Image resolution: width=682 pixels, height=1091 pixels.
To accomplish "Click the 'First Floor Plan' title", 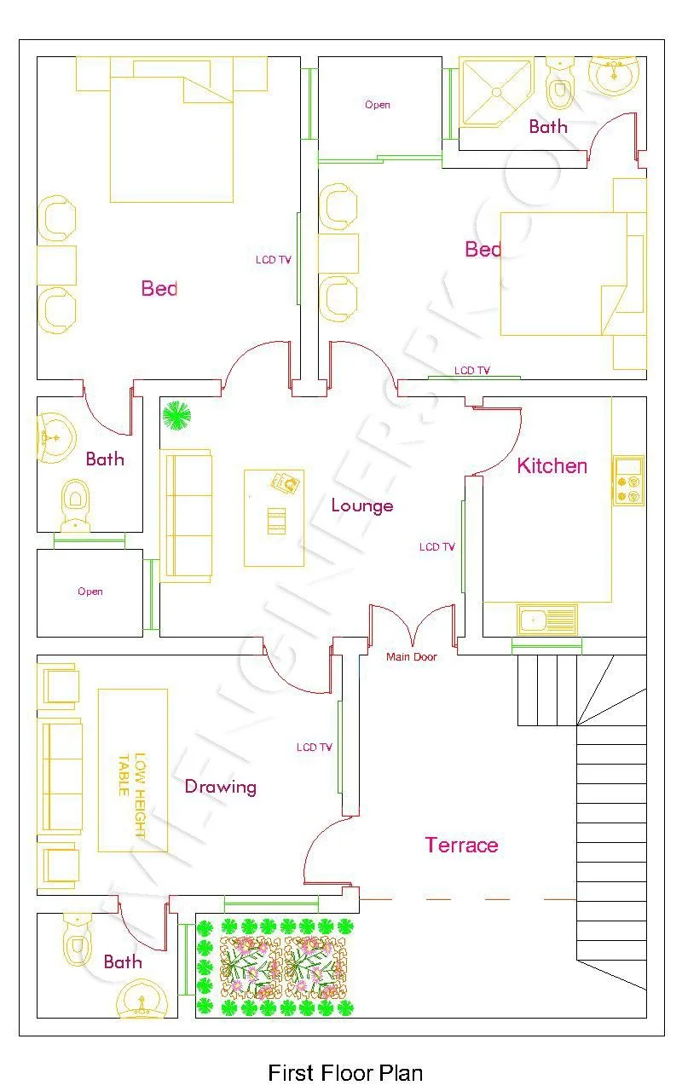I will tap(345, 1071).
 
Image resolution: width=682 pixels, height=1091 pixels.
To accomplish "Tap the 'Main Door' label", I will tap(412, 657).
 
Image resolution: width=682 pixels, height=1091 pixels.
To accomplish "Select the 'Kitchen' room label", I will tap(552, 466).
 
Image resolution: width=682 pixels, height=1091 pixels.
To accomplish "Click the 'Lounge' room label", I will tap(362, 506).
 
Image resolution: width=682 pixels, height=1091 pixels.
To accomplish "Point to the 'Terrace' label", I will tap(461, 846).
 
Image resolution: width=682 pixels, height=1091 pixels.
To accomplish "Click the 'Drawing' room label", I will tap(221, 787).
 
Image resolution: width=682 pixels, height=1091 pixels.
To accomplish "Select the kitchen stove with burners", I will tap(628, 481).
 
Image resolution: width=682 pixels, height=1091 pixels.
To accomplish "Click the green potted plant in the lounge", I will tap(177, 416).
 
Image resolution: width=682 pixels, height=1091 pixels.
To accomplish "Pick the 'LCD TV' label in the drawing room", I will tap(315, 748).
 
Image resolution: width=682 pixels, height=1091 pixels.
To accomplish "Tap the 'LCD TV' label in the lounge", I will tap(437, 547).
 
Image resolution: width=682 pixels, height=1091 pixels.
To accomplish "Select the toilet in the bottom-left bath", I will tap(77, 939).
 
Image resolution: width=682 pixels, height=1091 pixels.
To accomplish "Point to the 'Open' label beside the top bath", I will tap(378, 105).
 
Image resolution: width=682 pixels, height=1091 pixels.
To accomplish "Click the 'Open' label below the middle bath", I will tap(90, 592).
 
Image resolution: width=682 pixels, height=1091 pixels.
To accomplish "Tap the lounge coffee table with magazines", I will tap(274, 517).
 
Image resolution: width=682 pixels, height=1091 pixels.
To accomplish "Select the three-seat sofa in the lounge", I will tap(187, 517).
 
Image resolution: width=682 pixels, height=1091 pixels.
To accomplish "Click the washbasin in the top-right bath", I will tap(613, 75).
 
